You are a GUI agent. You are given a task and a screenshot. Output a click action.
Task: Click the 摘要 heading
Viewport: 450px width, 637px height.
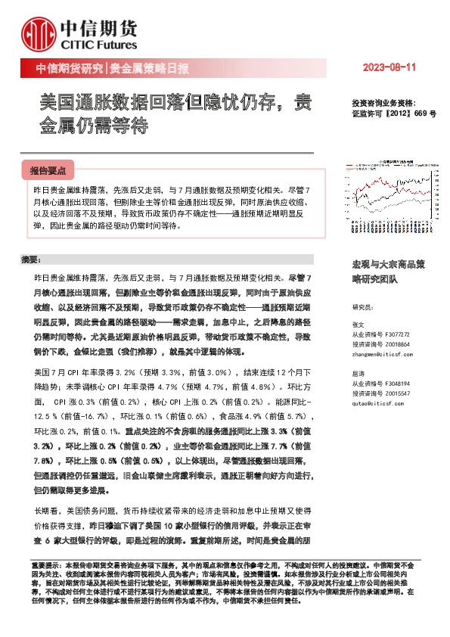pos(31,260)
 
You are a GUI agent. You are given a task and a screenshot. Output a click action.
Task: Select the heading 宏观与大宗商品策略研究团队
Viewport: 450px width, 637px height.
pos(389,272)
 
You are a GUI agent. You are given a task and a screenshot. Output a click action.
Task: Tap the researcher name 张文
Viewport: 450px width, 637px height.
pos(358,324)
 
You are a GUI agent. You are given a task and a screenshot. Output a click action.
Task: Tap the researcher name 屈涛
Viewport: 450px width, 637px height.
pos(358,373)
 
